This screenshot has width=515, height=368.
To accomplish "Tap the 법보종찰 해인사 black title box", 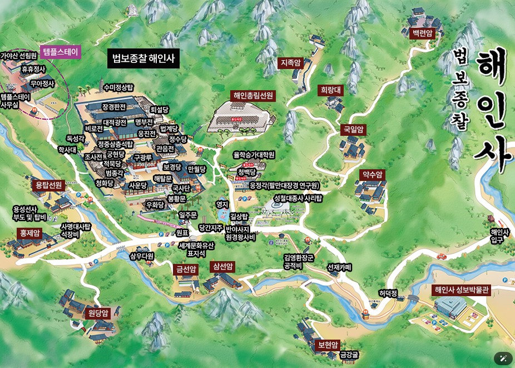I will point(143,57).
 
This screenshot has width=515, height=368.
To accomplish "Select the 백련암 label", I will point(422,33).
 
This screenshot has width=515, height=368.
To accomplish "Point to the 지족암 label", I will point(290,63).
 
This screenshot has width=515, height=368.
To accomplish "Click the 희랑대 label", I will point(331,90).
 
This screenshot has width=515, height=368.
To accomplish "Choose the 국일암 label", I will point(353,130).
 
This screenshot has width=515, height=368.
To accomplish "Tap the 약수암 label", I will point(373,174).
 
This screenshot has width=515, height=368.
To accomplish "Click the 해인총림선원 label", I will point(253,95).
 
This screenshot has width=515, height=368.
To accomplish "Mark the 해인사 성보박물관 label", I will point(462,290).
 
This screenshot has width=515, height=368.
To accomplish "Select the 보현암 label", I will point(328,345).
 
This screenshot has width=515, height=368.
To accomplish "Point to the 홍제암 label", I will point(30,233).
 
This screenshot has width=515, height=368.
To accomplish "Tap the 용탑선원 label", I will point(48,185).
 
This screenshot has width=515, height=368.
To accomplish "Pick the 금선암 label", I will point(186,269).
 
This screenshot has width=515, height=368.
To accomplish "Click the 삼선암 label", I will point(222,267).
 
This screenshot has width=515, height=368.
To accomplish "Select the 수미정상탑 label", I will point(118,87).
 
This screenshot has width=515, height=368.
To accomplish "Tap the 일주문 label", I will point(188,215).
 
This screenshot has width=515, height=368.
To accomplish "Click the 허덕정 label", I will point(388,293).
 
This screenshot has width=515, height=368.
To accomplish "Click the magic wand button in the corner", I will point(503,358).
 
